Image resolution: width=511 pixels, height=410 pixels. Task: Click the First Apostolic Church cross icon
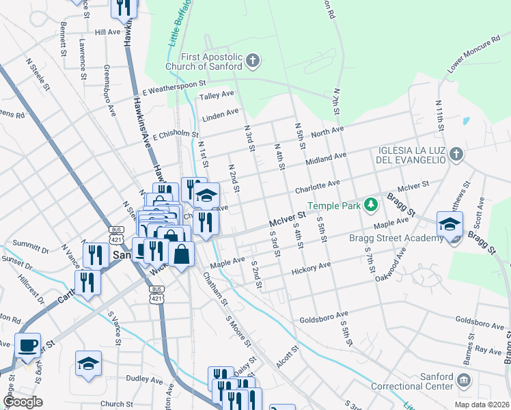tap(253, 61)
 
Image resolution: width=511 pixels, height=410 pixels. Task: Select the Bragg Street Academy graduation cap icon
tap(450, 225)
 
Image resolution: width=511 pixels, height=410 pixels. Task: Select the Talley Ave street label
tap(217, 95)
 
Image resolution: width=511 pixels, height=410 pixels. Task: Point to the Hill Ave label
tap(107, 32)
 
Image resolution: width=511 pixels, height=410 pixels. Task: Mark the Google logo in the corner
tap(23, 402)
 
